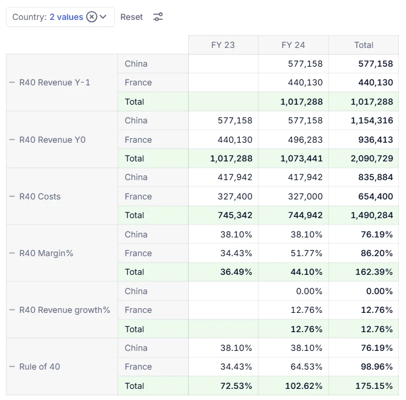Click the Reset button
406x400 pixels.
point(131,17)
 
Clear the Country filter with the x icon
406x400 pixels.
point(91,17)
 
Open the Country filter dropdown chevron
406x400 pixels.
point(103,17)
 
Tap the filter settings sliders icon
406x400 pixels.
point(158,17)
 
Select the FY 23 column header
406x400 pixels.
point(223,45)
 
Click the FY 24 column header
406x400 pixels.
point(293,45)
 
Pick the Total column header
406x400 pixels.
point(363,45)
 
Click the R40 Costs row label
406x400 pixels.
point(40,196)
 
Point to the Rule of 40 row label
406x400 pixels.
point(39,367)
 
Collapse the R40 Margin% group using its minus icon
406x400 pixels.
point(12,253)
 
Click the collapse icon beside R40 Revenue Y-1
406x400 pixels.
point(12,82)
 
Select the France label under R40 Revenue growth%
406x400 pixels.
point(138,310)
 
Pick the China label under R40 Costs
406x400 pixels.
point(136,177)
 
